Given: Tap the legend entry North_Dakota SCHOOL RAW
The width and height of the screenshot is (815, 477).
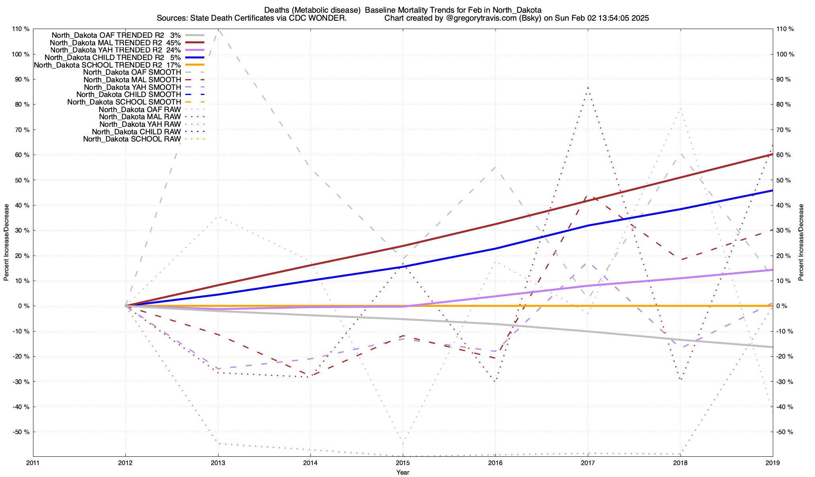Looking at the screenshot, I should pyautogui.click(x=132, y=139).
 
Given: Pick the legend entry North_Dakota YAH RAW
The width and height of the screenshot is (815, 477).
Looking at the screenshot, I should pyautogui.click(x=140, y=124).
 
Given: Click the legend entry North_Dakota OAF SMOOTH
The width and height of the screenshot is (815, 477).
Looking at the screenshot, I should pyautogui.click(x=132, y=72).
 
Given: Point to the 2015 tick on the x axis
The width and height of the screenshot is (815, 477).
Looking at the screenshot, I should pyautogui.click(x=403, y=463).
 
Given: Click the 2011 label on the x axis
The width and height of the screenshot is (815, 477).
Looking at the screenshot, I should pyautogui.click(x=33, y=463).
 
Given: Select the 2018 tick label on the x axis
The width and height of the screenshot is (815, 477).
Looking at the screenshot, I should pyautogui.click(x=680, y=463).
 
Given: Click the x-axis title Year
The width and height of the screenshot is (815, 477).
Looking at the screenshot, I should pyautogui.click(x=403, y=472).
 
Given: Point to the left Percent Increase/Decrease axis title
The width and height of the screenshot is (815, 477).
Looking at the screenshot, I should pyautogui.click(x=6, y=242).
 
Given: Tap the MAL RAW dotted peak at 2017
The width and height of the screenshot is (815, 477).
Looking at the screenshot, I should pyautogui.click(x=588, y=87).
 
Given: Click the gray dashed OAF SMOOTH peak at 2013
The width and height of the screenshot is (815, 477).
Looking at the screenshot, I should pyautogui.click(x=218, y=30).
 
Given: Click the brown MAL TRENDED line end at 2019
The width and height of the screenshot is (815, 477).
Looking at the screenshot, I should pyautogui.click(x=772, y=154).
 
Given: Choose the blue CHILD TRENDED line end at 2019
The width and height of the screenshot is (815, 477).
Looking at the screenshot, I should pyautogui.click(x=772, y=190).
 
